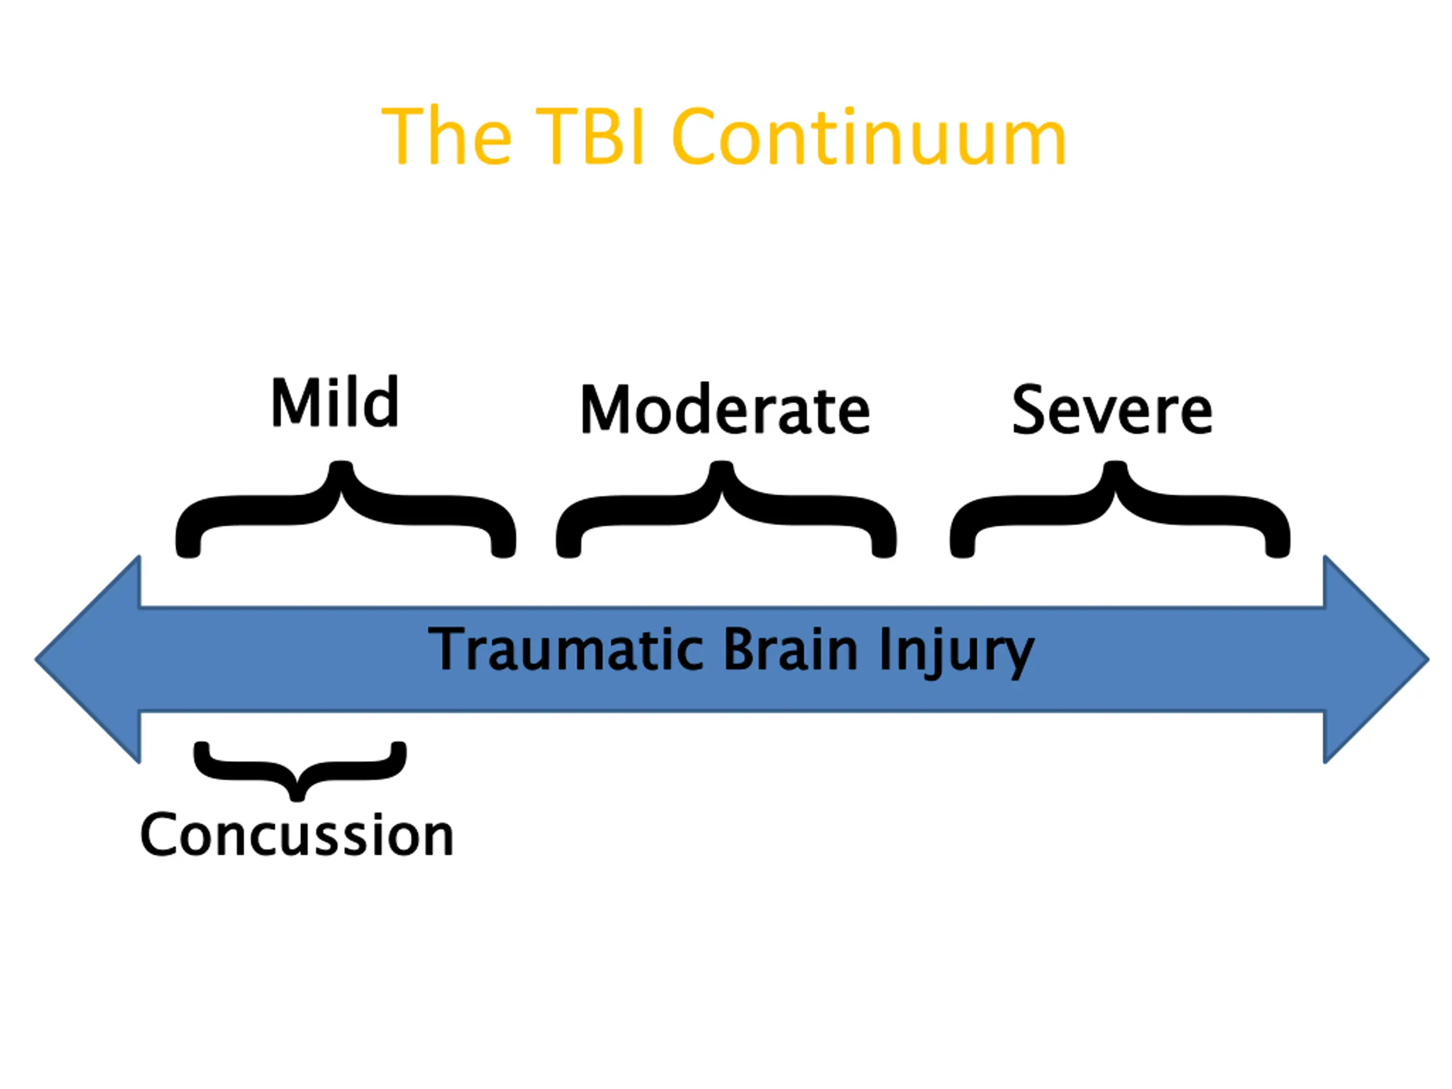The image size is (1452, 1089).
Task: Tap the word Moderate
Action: coord(725,410)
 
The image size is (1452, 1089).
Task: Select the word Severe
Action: coord(1112,410)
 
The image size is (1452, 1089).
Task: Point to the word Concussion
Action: coord(297,835)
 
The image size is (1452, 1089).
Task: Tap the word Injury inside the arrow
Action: coord(956,651)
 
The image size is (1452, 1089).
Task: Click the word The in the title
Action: coord(446,136)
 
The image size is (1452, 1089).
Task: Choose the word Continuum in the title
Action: coord(868,136)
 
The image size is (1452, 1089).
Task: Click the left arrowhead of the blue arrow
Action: coord(92,659)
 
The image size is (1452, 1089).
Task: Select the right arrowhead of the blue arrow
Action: coord(1372,659)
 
